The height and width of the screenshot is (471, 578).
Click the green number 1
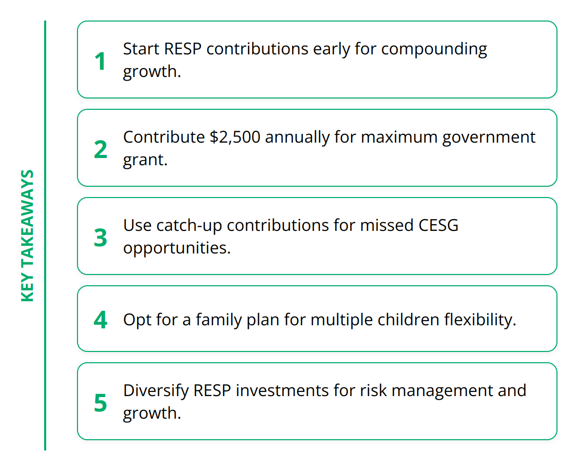(x=100, y=61)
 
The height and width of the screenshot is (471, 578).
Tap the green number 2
(x=101, y=150)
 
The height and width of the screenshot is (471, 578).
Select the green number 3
(x=101, y=238)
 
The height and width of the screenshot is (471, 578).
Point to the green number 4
(x=101, y=320)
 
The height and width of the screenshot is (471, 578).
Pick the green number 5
(x=101, y=403)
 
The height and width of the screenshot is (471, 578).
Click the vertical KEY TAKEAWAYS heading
(x=28, y=235)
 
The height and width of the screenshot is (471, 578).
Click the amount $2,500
(x=235, y=137)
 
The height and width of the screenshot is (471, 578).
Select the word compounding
(x=434, y=50)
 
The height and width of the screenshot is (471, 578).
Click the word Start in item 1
(x=141, y=49)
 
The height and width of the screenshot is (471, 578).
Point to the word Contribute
(x=164, y=137)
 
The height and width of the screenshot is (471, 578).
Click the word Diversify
(x=156, y=391)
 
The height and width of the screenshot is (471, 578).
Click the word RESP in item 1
(x=183, y=49)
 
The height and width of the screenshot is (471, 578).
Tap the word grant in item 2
(x=145, y=160)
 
